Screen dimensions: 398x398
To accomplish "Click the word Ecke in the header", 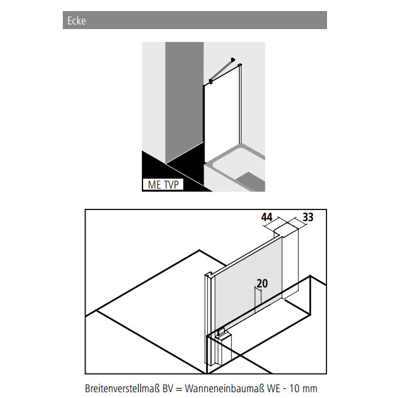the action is tap(76, 20).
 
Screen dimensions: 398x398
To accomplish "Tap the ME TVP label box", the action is tap(163, 184).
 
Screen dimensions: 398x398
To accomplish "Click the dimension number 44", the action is tap(266, 217).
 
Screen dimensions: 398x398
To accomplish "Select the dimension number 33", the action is tap(308, 217).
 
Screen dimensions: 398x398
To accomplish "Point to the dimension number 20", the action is tap(262, 283).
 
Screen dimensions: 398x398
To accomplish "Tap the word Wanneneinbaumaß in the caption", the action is tap(225, 388).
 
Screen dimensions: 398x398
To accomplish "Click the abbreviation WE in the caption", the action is tap(273, 388).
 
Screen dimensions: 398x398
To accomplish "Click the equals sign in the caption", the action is tap(179, 389).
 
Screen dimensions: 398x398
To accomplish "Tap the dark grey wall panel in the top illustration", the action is tap(184, 101).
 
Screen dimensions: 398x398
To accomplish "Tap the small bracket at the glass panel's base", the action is tap(221, 331).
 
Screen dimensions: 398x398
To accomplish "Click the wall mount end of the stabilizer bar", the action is tap(233, 60).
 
